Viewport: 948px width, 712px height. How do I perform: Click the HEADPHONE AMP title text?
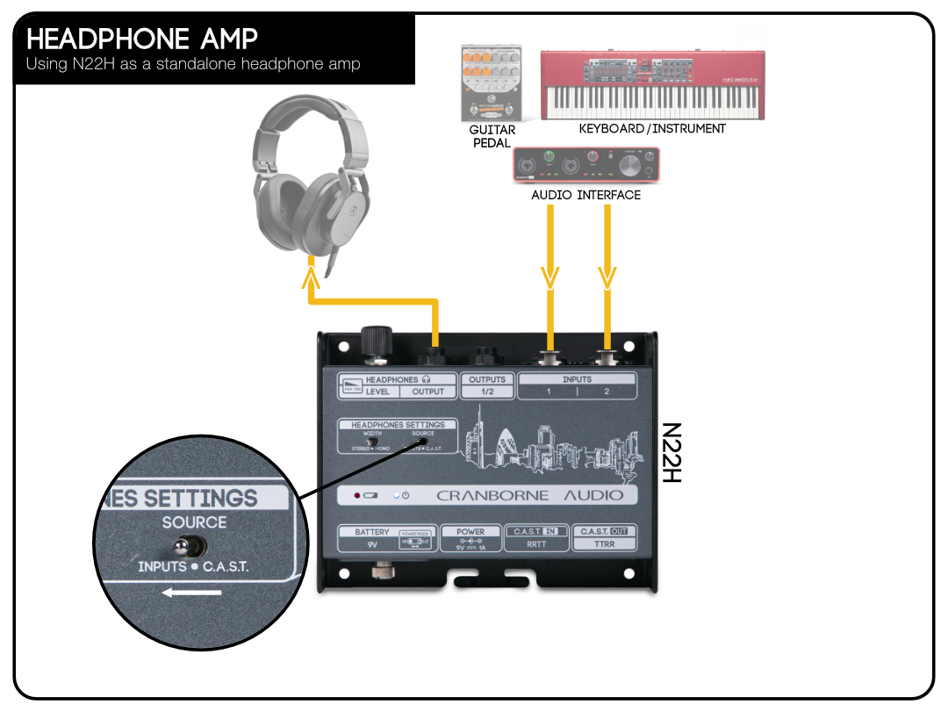click(x=142, y=40)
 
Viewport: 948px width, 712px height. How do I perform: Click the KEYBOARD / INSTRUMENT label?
click(x=652, y=129)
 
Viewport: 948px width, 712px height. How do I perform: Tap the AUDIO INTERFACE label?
click(x=585, y=195)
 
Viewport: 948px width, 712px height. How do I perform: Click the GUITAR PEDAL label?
click(x=492, y=136)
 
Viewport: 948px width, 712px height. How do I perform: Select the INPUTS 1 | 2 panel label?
click(x=577, y=385)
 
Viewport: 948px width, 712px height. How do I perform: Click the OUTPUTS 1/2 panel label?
click(x=487, y=385)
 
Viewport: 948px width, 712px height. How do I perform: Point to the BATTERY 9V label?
click(x=372, y=537)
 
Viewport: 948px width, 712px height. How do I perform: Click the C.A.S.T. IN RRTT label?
click(x=535, y=537)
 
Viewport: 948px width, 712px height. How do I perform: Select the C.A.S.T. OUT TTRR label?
click(x=604, y=537)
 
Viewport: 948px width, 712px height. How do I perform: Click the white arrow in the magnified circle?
click(x=191, y=592)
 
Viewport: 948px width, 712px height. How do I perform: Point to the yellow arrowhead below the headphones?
click(x=310, y=279)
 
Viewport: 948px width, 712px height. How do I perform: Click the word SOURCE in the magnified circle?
click(x=194, y=522)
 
